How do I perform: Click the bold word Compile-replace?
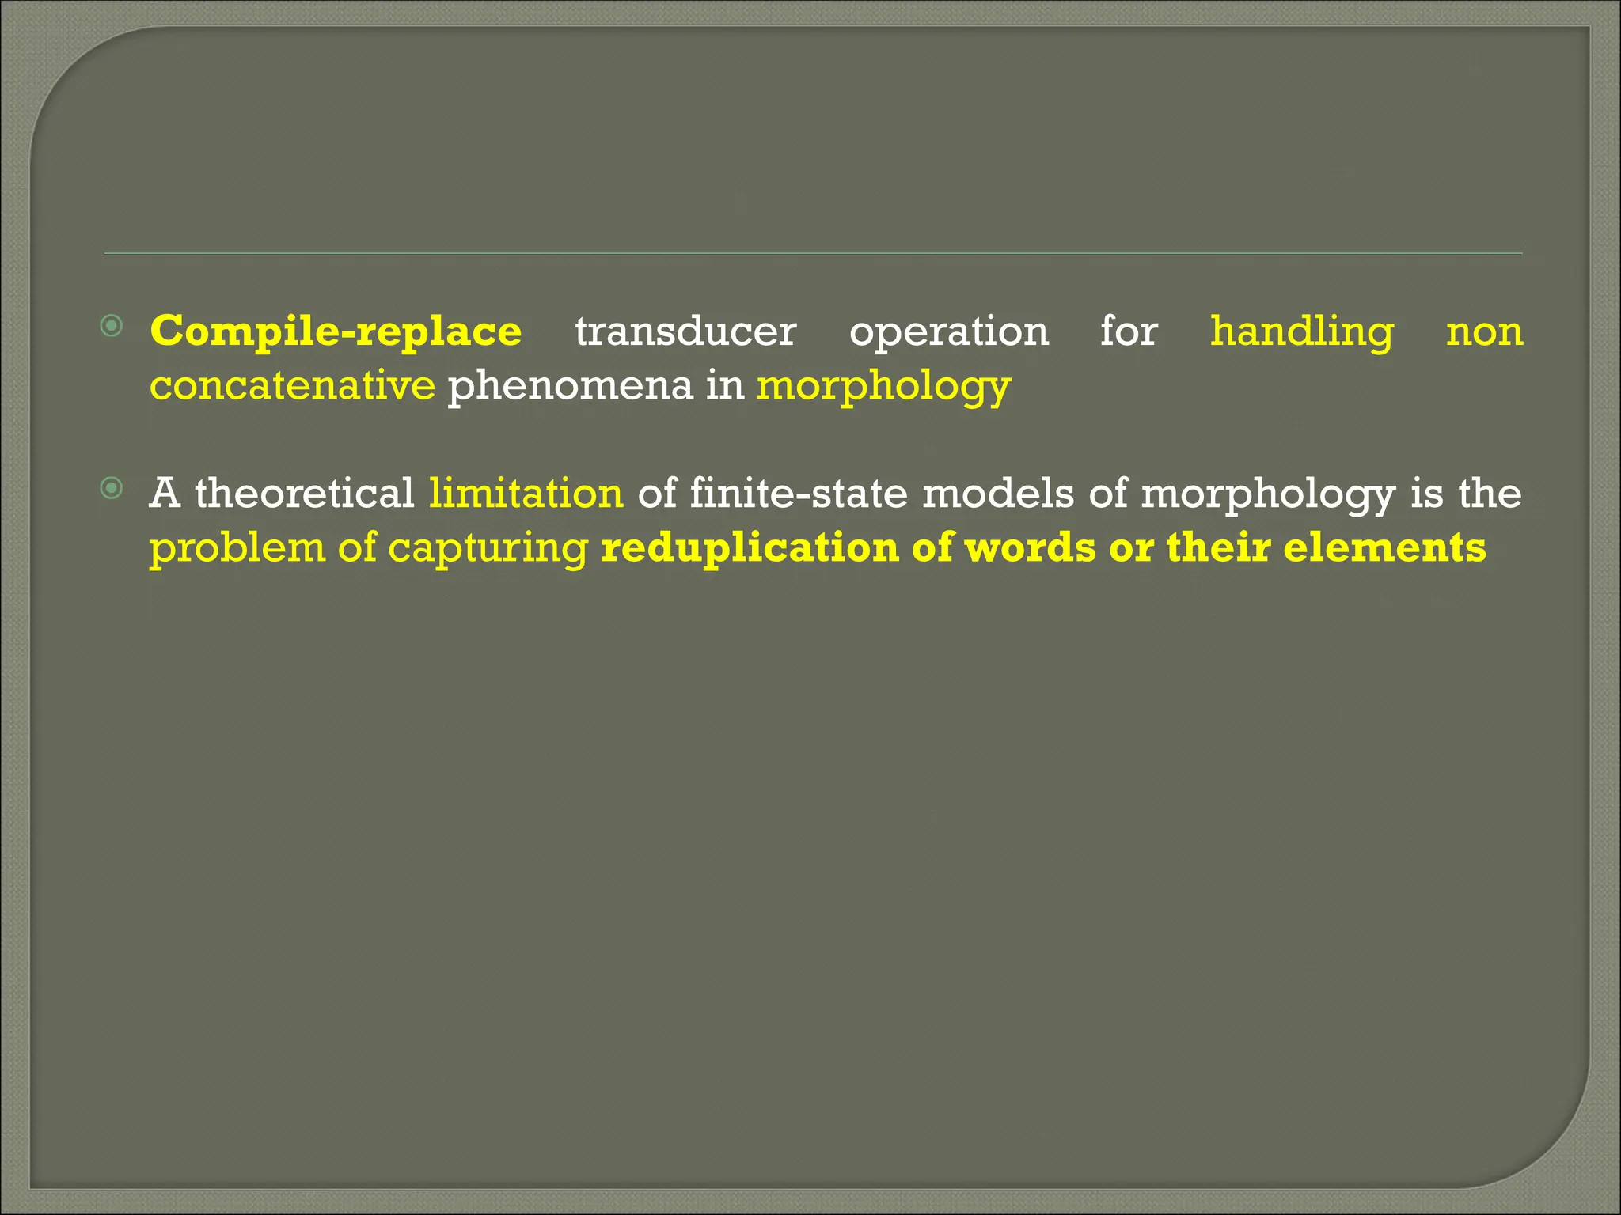(x=336, y=331)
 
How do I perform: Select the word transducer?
(x=685, y=331)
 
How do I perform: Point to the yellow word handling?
(x=1302, y=331)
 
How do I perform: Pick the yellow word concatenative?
(x=292, y=386)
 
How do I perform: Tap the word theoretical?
(x=305, y=494)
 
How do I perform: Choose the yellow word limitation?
(x=526, y=494)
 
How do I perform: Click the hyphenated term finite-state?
(x=799, y=494)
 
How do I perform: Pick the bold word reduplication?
(x=749, y=548)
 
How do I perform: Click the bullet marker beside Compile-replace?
(x=112, y=326)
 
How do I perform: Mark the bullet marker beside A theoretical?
(x=112, y=489)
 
